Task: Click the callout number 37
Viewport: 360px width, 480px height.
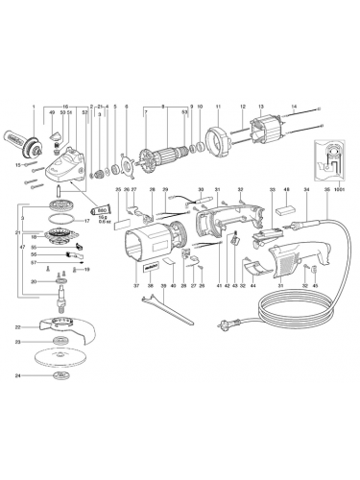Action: pos(137,286)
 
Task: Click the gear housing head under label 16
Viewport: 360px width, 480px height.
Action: pos(67,181)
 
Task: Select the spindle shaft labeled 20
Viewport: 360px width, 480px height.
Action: pos(63,284)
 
